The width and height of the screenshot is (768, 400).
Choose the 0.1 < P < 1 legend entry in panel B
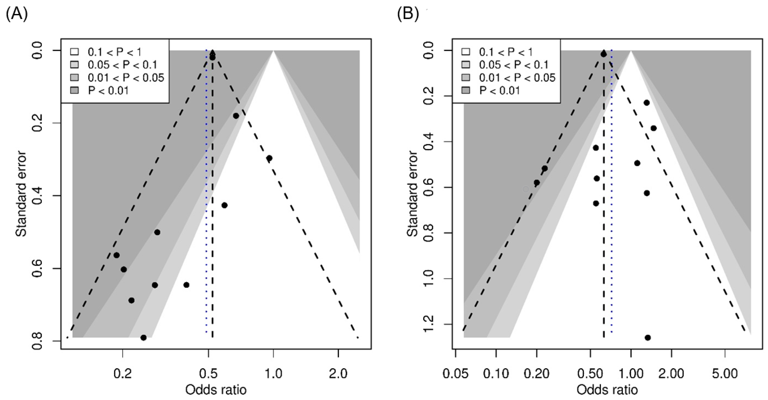tap(505, 52)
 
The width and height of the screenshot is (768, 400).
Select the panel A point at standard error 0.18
tap(236, 116)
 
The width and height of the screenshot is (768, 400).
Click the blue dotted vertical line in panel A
tap(206, 194)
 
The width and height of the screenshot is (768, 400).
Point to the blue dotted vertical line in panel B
tap(612, 194)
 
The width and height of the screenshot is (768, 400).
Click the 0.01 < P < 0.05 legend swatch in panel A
tap(74, 78)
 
